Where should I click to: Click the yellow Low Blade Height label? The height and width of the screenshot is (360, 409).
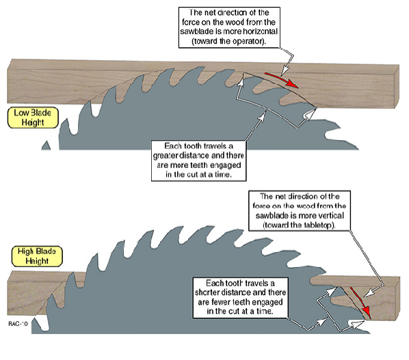pos(33,117)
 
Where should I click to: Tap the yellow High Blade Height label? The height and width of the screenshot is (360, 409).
pos(37,256)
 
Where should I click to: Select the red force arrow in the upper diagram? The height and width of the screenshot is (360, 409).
pos(282,80)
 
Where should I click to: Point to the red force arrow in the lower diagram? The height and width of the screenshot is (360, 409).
pos(360,301)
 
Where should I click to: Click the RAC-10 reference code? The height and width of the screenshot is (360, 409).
pos(18,324)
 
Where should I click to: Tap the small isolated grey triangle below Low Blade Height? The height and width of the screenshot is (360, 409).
pos(47,146)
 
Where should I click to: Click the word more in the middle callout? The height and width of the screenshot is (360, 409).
pos(180,165)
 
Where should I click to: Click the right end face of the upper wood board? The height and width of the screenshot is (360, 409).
pos(396,87)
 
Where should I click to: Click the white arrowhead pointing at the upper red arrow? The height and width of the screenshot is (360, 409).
pos(285,70)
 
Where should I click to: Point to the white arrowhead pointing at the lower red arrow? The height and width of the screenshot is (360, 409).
pos(369,294)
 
